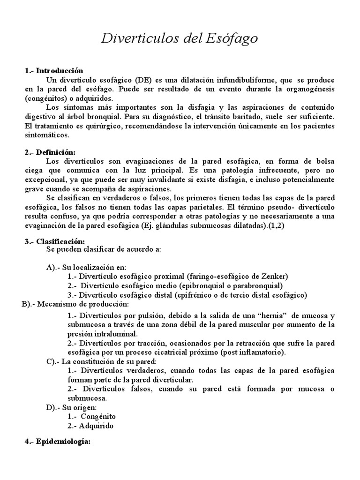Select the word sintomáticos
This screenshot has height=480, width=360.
[47, 135]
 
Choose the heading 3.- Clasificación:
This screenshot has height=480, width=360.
[54, 241]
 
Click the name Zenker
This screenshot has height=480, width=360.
[275, 276]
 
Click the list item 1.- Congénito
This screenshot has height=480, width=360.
[91, 416]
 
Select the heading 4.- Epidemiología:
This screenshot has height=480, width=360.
[57, 442]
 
